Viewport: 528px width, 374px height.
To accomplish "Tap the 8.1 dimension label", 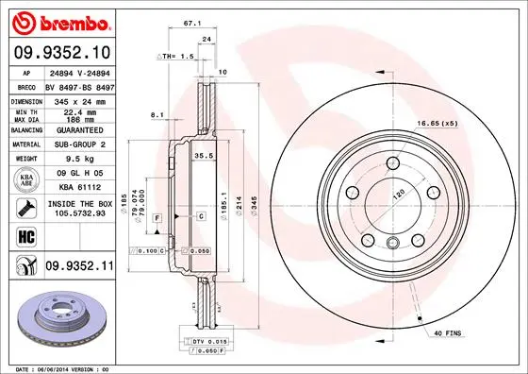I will [158, 115].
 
